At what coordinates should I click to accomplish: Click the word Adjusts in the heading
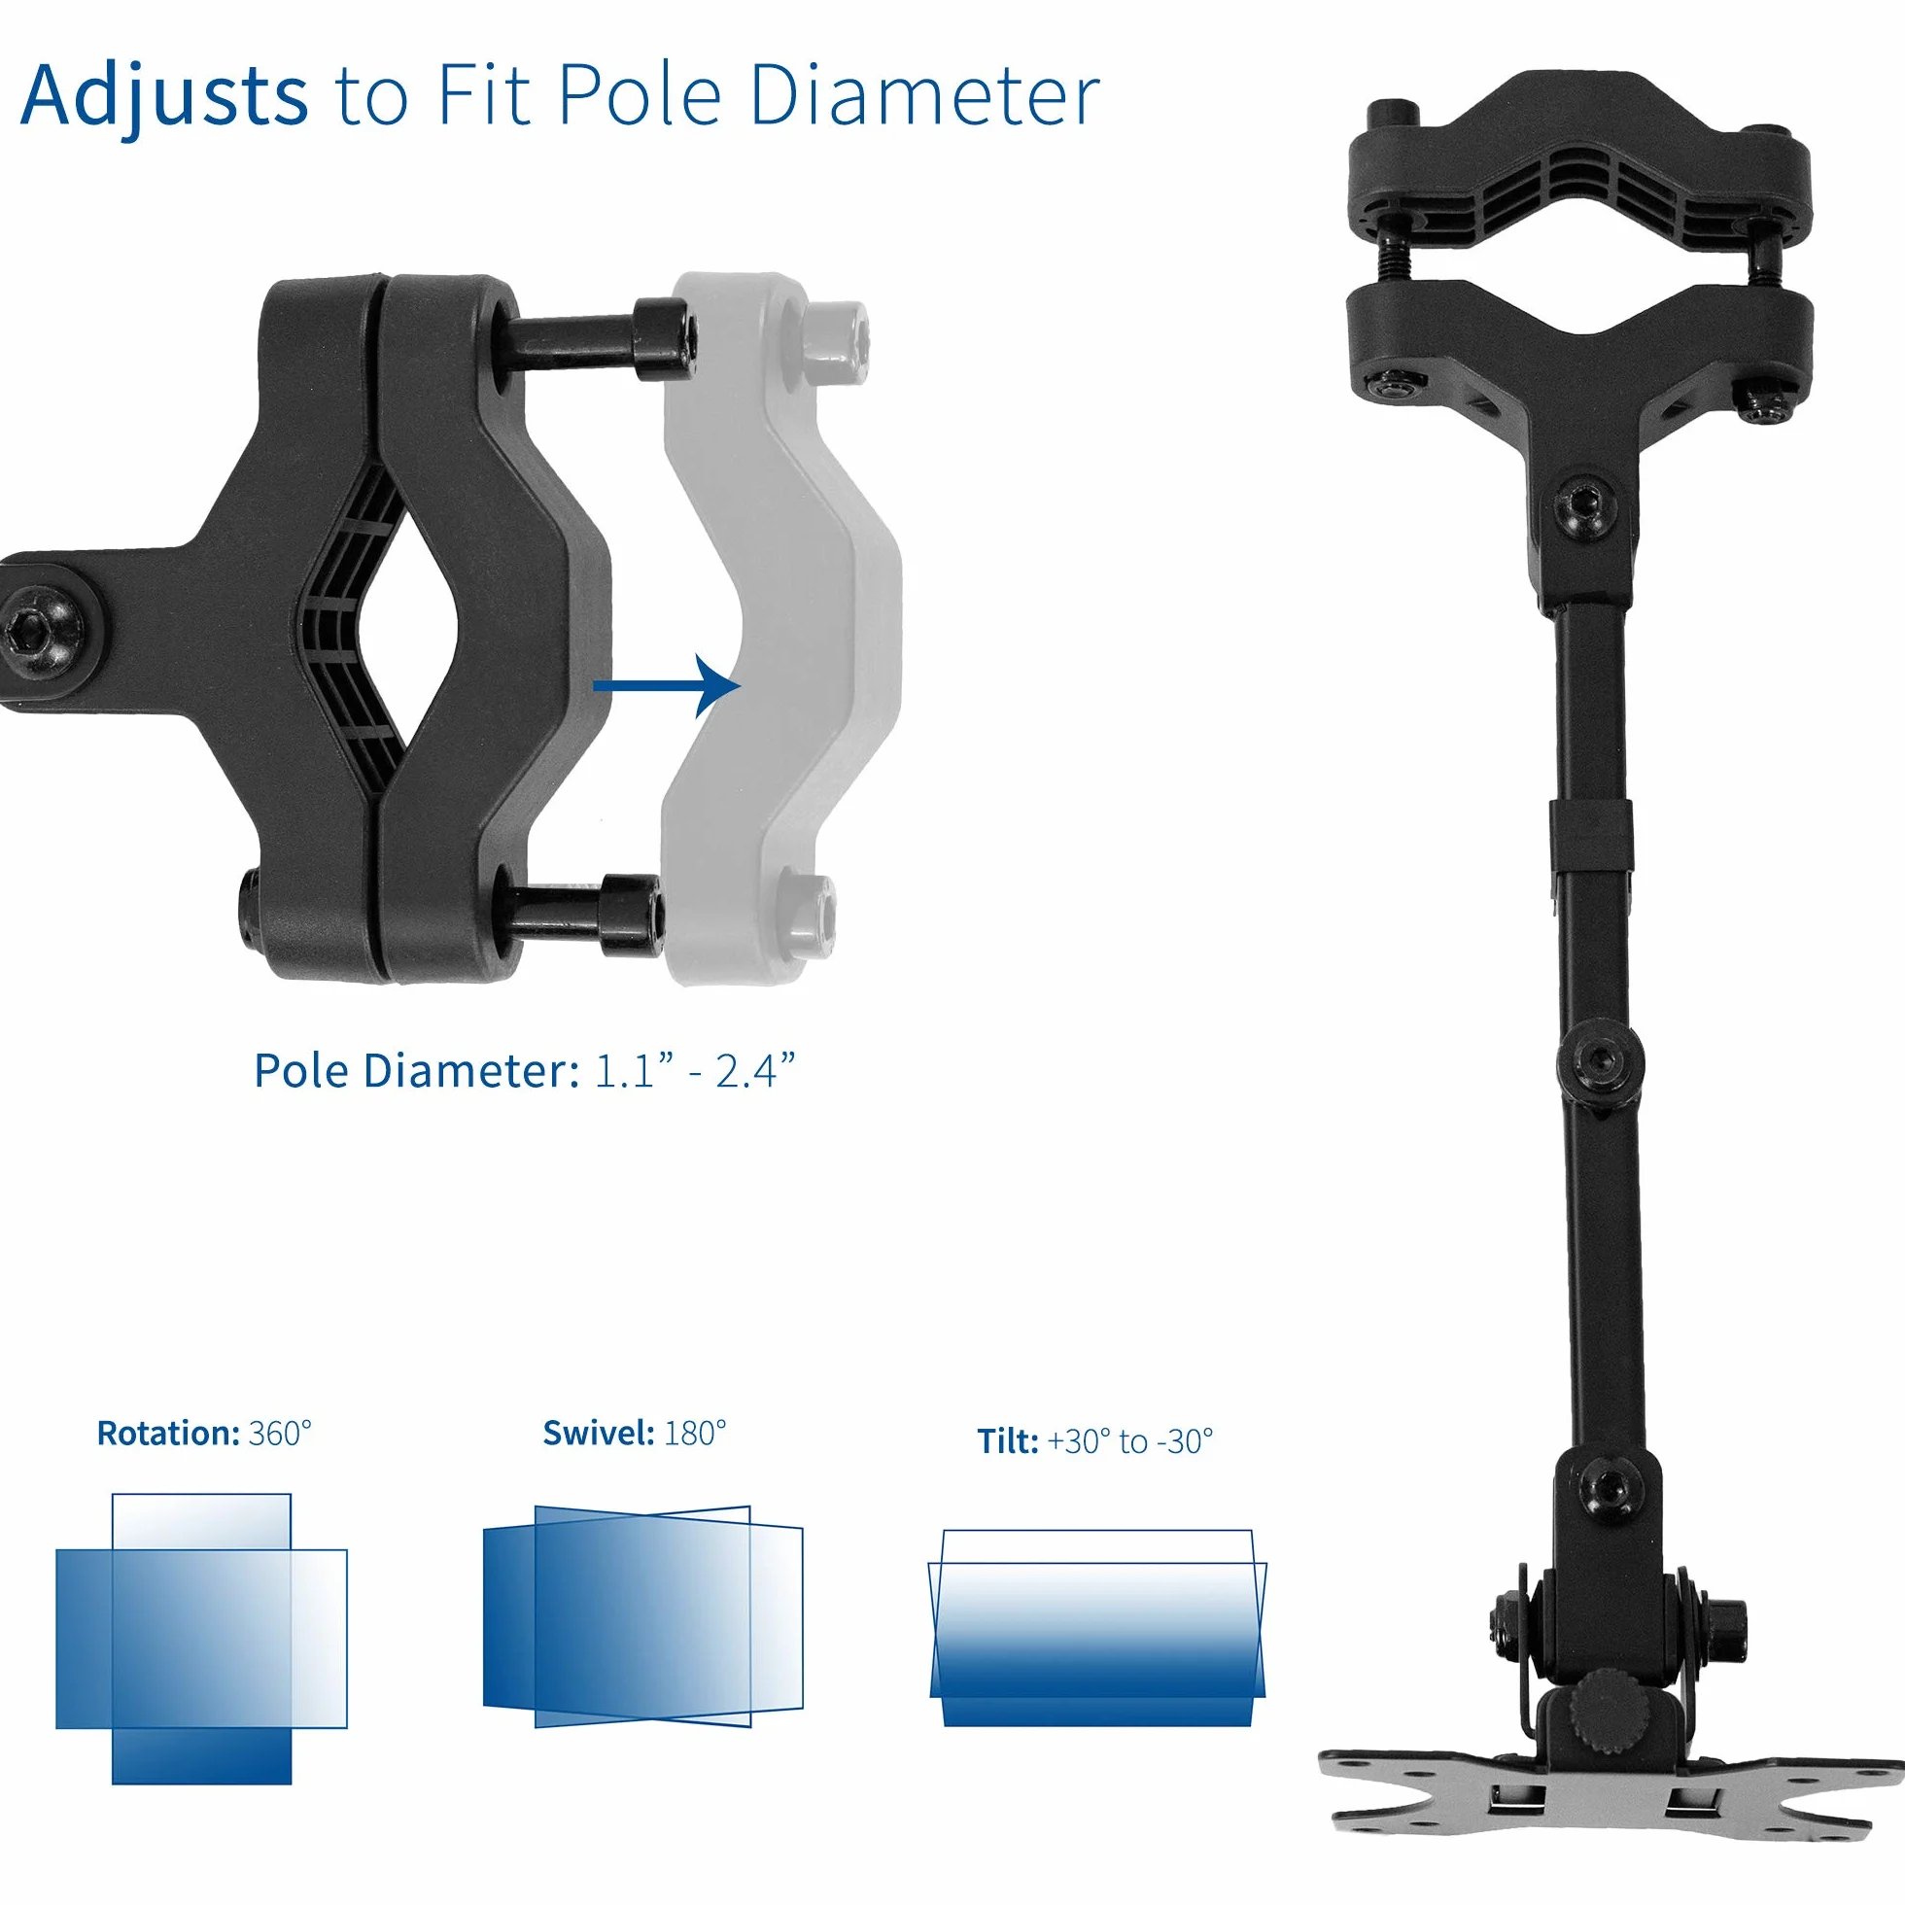(164, 96)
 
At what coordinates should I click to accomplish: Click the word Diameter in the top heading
(924, 95)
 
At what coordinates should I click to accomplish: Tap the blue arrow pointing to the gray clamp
(667, 686)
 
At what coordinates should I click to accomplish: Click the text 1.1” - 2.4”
(694, 1071)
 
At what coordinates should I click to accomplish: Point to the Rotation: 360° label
(204, 1433)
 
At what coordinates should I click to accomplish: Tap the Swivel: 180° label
(634, 1433)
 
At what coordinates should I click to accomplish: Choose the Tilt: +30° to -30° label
(1094, 1440)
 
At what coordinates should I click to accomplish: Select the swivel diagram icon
(642, 1617)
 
